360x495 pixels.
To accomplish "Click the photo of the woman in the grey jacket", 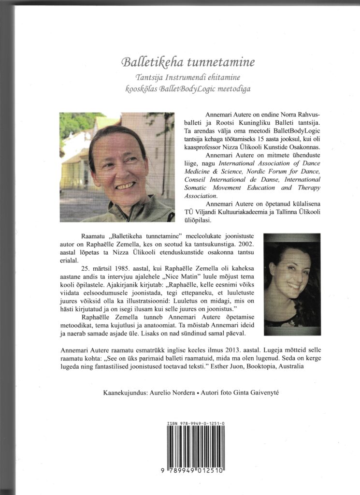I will pyautogui.click(x=116, y=167).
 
